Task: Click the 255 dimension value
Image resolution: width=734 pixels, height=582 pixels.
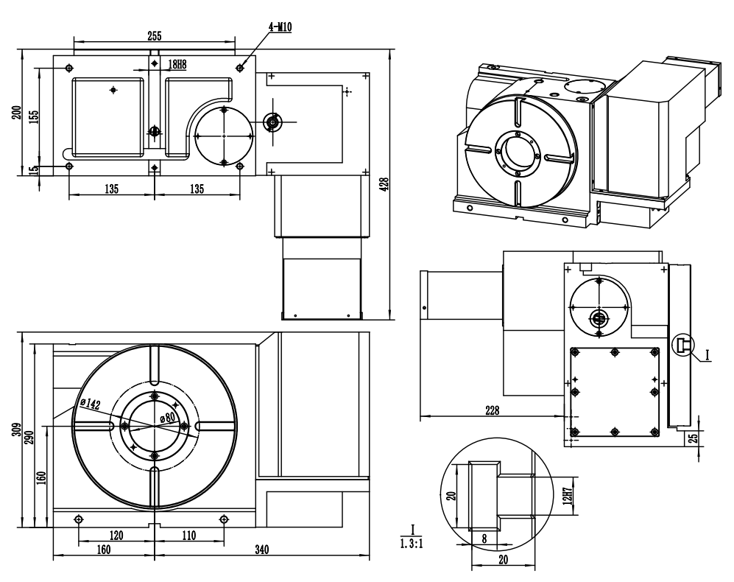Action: pyautogui.click(x=155, y=35)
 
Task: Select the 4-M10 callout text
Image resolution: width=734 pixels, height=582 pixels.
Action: pyautogui.click(x=280, y=27)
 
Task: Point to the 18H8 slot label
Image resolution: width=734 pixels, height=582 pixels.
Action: pyautogui.click(x=177, y=64)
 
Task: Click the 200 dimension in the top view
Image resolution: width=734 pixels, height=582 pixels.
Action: pyautogui.click(x=18, y=113)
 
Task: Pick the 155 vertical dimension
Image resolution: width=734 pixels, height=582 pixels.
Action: pyautogui.click(x=34, y=116)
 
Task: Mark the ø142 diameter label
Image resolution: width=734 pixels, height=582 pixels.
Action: pyautogui.click(x=89, y=403)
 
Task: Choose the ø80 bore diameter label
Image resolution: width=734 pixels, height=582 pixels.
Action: pyautogui.click(x=167, y=416)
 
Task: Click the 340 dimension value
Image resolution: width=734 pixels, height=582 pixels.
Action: pyautogui.click(x=261, y=549)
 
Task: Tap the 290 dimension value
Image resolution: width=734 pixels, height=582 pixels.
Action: pyautogui.click(x=29, y=437)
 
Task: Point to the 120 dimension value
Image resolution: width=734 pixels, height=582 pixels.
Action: pyautogui.click(x=116, y=535)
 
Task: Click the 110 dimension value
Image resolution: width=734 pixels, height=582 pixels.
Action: pyautogui.click(x=188, y=535)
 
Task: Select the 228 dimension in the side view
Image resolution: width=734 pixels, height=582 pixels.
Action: pyautogui.click(x=492, y=410)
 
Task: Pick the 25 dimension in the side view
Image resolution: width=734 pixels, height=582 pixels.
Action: pyautogui.click(x=694, y=438)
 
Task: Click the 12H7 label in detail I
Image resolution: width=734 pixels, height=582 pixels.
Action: pyautogui.click(x=568, y=497)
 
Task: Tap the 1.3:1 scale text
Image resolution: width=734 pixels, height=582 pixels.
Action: pyautogui.click(x=412, y=544)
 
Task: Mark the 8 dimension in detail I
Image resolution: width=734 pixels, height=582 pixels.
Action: pyautogui.click(x=484, y=539)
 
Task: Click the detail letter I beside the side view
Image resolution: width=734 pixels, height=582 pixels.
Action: pyautogui.click(x=707, y=355)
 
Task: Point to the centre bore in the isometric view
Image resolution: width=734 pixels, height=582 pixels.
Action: pyautogui.click(x=518, y=152)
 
